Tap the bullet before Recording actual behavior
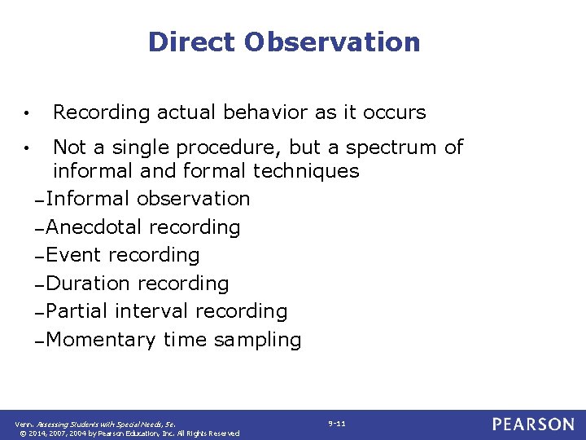coord(28,112)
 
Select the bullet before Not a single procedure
coord(28,148)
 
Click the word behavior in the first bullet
coord(287,112)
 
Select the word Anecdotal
coord(95,227)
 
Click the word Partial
coord(78,311)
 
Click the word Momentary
coord(102,340)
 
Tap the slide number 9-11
coord(337,424)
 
